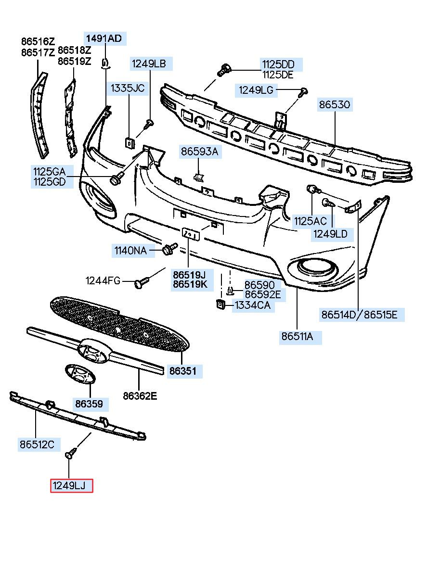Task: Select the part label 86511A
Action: click(x=297, y=337)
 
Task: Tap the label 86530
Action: click(x=335, y=105)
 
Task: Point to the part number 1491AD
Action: click(x=104, y=38)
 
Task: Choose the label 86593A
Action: click(x=200, y=152)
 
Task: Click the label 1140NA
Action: click(x=131, y=251)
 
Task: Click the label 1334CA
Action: click(x=252, y=305)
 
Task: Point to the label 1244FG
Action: click(x=103, y=280)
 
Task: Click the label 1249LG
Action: click(x=257, y=90)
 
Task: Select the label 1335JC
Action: click(x=128, y=88)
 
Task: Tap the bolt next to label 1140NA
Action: click(x=169, y=249)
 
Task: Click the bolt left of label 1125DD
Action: click(x=224, y=70)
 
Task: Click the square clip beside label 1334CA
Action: click(x=220, y=304)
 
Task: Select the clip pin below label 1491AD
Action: click(x=105, y=64)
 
